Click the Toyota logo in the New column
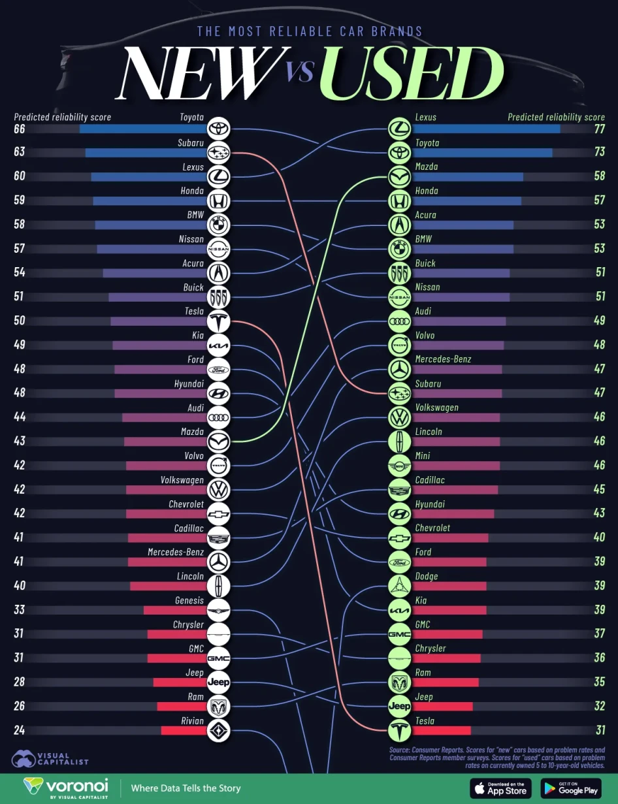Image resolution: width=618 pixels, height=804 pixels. pyautogui.click(x=218, y=129)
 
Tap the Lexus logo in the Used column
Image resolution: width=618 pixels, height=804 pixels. pyautogui.click(x=399, y=129)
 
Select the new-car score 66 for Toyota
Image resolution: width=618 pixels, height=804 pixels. pyautogui.click(x=19, y=129)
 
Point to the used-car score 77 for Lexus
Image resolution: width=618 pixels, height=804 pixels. pyautogui.click(x=599, y=129)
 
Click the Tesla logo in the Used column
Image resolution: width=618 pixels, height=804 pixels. pyautogui.click(x=399, y=730)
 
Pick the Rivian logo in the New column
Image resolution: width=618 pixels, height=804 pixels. pyautogui.click(x=218, y=730)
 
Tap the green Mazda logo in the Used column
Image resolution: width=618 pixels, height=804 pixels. pyautogui.click(x=399, y=177)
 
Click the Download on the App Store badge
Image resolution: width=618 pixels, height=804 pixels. pyautogui.click(x=500, y=788)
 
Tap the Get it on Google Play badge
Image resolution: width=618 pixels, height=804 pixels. pyautogui.click(x=570, y=788)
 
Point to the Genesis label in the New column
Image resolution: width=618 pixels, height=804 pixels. pyautogui.click(x=189, y=600)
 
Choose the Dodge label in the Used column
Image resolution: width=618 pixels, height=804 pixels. pyautogui.click(x=427, y=576)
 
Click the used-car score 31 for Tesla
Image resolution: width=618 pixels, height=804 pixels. pyautogui.click(x=599, y=730)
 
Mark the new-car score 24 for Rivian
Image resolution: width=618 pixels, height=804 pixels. pyautogui.click(x=19, y=730)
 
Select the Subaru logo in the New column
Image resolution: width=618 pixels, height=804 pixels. pyautogui.click(x=218, y=153)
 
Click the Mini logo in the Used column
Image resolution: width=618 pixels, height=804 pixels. pyautogui.click(x=399, y=466)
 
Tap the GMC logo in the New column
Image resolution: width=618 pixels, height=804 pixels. pyautogui.click(x=218, y=658)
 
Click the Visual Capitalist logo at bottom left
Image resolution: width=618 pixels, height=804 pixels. pyautogui.click(x=49, y=758)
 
